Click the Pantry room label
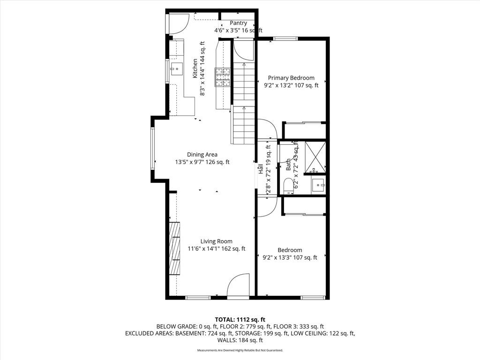pos(238,23)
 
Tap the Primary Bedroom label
pos(291,78)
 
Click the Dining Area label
pos(202,155)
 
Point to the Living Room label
pos(216,241)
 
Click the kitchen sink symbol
pos(177,69)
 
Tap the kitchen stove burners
pos(223,77)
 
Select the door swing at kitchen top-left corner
pos(178,24)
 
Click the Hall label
pos(260,169)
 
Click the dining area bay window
pos(152,148)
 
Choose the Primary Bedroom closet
pos(304,130)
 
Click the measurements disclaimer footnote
pos(240,350)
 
